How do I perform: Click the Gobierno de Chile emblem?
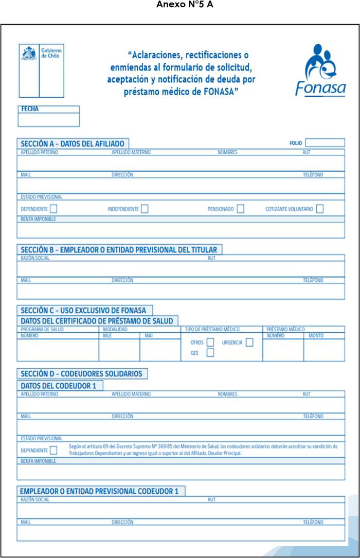pos(29,54)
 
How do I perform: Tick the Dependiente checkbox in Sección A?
pos(53,209)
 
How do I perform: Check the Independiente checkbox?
pos(145,209)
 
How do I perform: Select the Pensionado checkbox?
pos(240,209)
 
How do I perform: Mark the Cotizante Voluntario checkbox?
pos(320,209)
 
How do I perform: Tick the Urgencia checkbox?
pos(249,343)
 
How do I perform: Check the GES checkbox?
pos(210,353)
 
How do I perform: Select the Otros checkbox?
pos(210,343)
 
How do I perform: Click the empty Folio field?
pos(325,143)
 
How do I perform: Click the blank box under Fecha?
pos(48,120)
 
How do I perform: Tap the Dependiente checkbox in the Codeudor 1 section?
pos(53,451)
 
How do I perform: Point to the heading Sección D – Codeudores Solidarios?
pos(82,374)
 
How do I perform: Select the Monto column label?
pos(316,336)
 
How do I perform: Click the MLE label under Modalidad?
pos(107,336)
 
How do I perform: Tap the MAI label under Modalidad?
pos(149,336)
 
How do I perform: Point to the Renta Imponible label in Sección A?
pos(38,219)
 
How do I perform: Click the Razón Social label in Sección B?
pos(35,258)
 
